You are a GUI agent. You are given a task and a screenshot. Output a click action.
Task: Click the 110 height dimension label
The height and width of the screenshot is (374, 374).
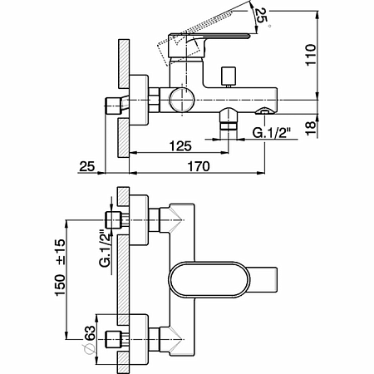click(x=311, y=55)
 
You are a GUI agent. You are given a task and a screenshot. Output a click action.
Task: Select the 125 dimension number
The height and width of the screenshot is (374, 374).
click(x=180, y=146)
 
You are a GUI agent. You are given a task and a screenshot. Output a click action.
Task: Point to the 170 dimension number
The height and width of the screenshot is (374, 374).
click(x=199, y=166)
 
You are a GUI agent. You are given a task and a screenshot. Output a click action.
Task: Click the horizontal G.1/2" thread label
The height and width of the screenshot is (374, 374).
click(x=271, y=133)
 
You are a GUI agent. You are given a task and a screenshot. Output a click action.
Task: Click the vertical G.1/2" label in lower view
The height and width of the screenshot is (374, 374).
click(x=106, y=248)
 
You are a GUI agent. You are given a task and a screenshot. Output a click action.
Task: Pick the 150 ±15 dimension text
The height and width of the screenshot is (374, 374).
click(x=61, y=268)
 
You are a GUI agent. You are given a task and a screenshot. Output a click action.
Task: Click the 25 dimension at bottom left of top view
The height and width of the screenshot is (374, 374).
click(x=87, y=166)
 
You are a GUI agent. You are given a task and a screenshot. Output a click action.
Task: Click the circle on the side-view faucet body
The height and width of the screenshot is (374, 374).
click(x=183, y=100)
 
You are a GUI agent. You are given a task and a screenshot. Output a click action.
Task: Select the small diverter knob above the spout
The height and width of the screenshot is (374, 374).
click(x=229, y=76)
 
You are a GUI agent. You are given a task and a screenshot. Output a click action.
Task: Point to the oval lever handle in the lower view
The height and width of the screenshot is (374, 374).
click(x=209, y=280)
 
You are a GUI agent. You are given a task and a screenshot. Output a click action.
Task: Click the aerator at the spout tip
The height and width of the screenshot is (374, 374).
click(x=265, y=111)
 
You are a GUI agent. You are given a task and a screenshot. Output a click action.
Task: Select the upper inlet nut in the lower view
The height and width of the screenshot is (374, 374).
click(x=115, y=220)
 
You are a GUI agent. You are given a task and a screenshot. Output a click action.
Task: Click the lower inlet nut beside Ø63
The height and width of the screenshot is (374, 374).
click(x=115, y=339)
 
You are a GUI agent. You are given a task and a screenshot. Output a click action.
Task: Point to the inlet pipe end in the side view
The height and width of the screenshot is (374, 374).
click(x=114, y=106)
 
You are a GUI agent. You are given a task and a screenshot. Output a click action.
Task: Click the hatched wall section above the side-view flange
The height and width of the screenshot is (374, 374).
click(x=124, y=64)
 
